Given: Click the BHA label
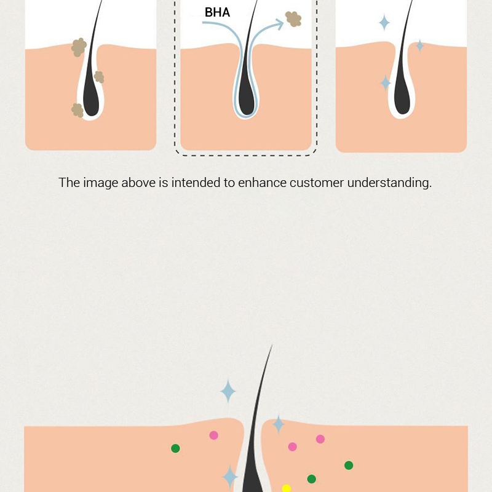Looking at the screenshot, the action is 217,12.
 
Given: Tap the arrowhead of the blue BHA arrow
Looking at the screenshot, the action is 279,24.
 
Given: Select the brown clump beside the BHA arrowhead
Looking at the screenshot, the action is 293,19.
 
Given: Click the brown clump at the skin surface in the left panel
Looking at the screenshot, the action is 79,47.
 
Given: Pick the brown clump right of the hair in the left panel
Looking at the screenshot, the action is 99,77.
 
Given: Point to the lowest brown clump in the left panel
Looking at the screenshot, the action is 77,110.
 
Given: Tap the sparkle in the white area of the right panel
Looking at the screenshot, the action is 384,23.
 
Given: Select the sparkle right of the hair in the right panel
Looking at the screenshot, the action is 419,46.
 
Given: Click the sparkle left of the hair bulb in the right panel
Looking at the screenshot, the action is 386,83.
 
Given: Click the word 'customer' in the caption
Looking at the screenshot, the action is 317,183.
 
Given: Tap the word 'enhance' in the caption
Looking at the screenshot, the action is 263,183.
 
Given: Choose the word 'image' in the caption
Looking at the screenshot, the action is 101,183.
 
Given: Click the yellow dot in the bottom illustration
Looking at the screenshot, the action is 286,488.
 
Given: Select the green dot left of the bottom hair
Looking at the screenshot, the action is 175,448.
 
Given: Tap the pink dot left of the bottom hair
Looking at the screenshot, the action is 213,435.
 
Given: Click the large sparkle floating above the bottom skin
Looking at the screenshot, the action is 228,391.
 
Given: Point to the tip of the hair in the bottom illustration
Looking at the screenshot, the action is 272,345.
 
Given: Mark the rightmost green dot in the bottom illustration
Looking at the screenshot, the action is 349,466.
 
